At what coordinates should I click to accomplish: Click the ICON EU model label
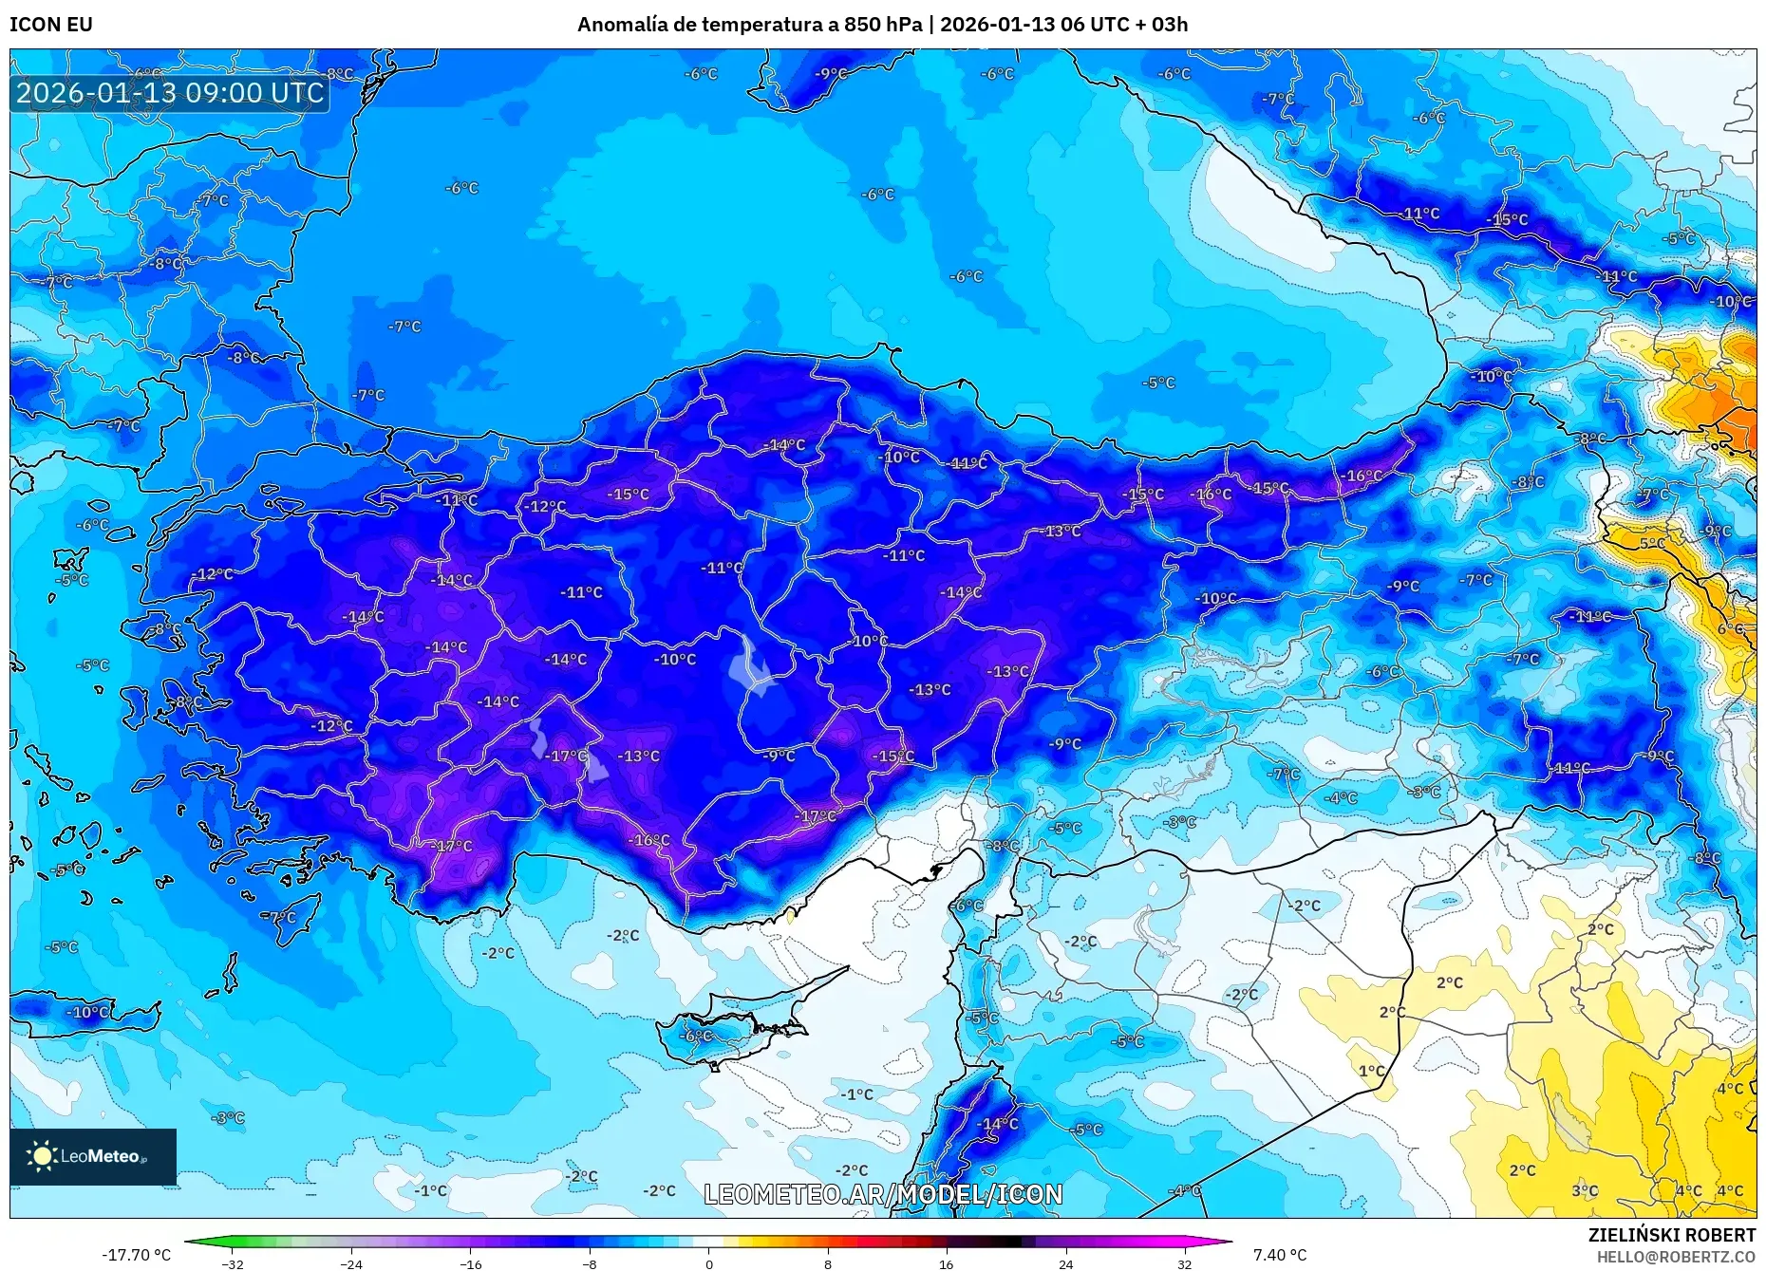[51, 25]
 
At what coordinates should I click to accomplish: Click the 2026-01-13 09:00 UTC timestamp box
[171, 93]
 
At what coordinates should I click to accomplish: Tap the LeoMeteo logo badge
[93, 1156]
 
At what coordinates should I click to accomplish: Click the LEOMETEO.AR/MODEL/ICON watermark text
[883, 1194]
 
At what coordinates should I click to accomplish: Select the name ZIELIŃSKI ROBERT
[1671, 1235]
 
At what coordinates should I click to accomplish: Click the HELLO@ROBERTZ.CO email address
[1676, 1257]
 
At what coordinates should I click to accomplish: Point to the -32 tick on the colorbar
[233, 1263]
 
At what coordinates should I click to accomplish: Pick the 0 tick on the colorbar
[708, 1263]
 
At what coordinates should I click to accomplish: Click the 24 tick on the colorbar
[1065, 1263]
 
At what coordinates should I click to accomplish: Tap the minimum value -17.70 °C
[137, 1255]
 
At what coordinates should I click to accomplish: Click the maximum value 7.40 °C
[1279, 1255]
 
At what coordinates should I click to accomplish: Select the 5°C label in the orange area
[1652, 543]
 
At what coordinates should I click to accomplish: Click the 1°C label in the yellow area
[1371, 1071]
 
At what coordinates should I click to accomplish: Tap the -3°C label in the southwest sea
[228, 1118]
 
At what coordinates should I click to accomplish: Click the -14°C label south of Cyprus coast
[999, 1124]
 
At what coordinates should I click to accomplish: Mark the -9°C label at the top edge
[832, 74]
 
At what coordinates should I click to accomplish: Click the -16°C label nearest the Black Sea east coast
[1363, 476]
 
